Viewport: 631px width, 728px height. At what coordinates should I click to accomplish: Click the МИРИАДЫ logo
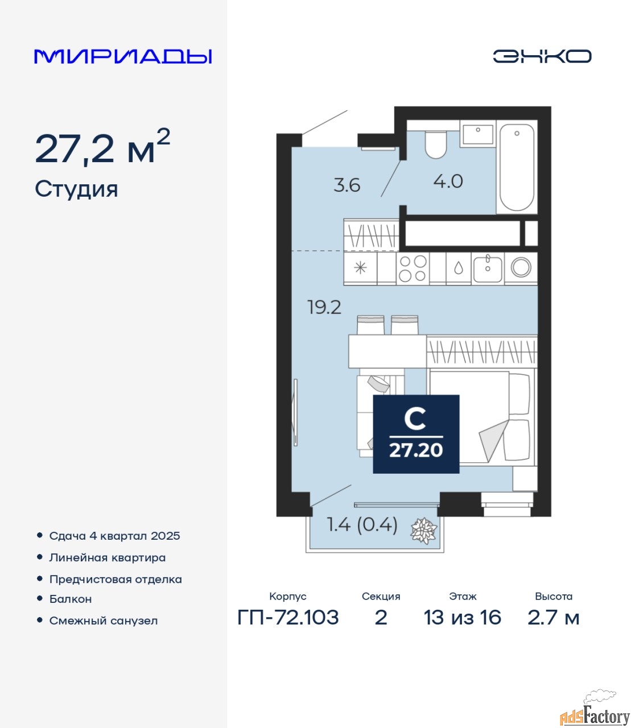123,56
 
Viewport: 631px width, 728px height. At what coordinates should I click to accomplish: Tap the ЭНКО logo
542,56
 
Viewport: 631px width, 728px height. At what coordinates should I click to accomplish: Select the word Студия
76,190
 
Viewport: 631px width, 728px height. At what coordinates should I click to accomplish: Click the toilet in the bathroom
436,145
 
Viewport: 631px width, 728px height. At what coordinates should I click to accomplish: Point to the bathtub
517,167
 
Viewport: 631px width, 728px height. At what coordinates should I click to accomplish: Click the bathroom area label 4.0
448,182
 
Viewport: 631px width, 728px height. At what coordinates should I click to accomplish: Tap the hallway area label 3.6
347,185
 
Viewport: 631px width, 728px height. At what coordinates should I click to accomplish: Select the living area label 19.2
324,307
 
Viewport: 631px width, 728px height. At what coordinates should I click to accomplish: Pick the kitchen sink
488,269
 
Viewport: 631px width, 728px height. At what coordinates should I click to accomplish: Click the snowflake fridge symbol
360,268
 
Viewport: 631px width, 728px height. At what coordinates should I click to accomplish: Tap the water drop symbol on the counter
459,268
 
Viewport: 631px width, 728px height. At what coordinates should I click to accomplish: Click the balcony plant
424,531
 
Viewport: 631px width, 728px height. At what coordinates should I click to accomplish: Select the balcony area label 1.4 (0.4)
362,525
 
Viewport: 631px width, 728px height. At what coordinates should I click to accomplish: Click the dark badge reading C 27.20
416,434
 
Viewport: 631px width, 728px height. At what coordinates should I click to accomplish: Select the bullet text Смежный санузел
104,621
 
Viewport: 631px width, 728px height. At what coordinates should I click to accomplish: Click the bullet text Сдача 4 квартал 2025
114,536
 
